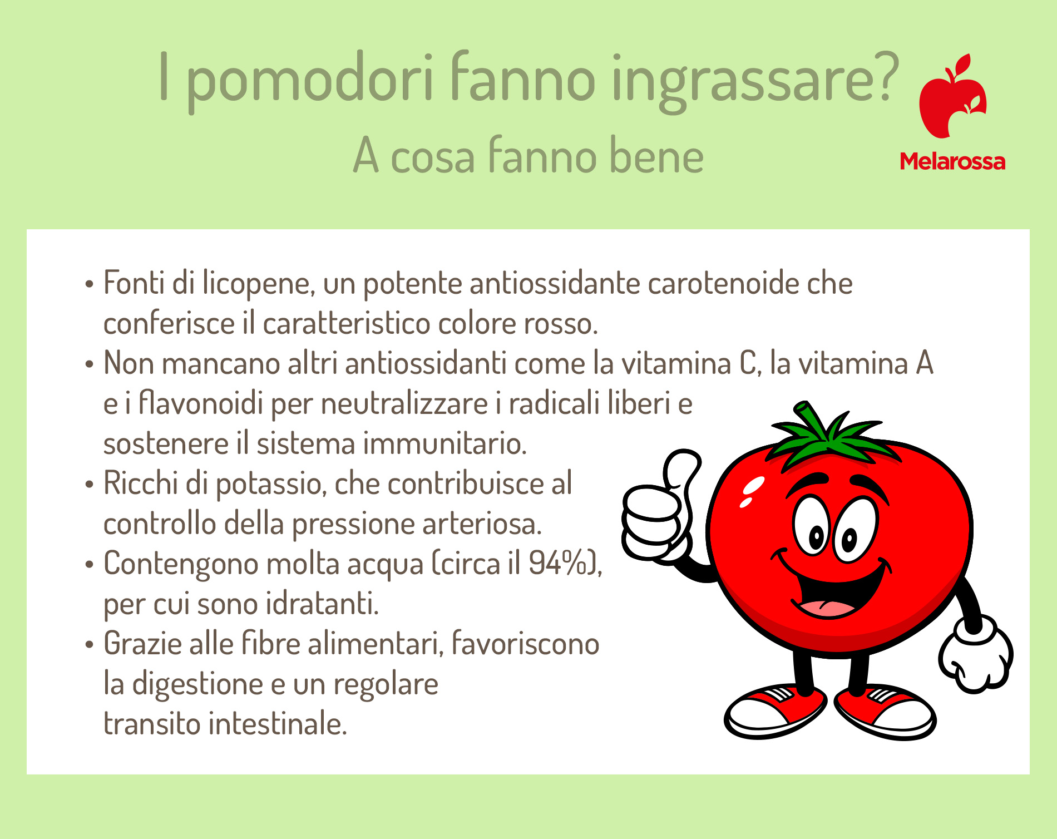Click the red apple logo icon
click(x=952, y=96)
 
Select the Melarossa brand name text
click(x=952, y=162)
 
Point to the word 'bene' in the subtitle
click(x=656, y=156)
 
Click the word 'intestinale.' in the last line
click(x=278, y=724)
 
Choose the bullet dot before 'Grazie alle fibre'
click(x=90, y=644)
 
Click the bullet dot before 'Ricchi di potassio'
click(x=90, y=484)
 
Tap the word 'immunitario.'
click(x=445, y=443)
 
